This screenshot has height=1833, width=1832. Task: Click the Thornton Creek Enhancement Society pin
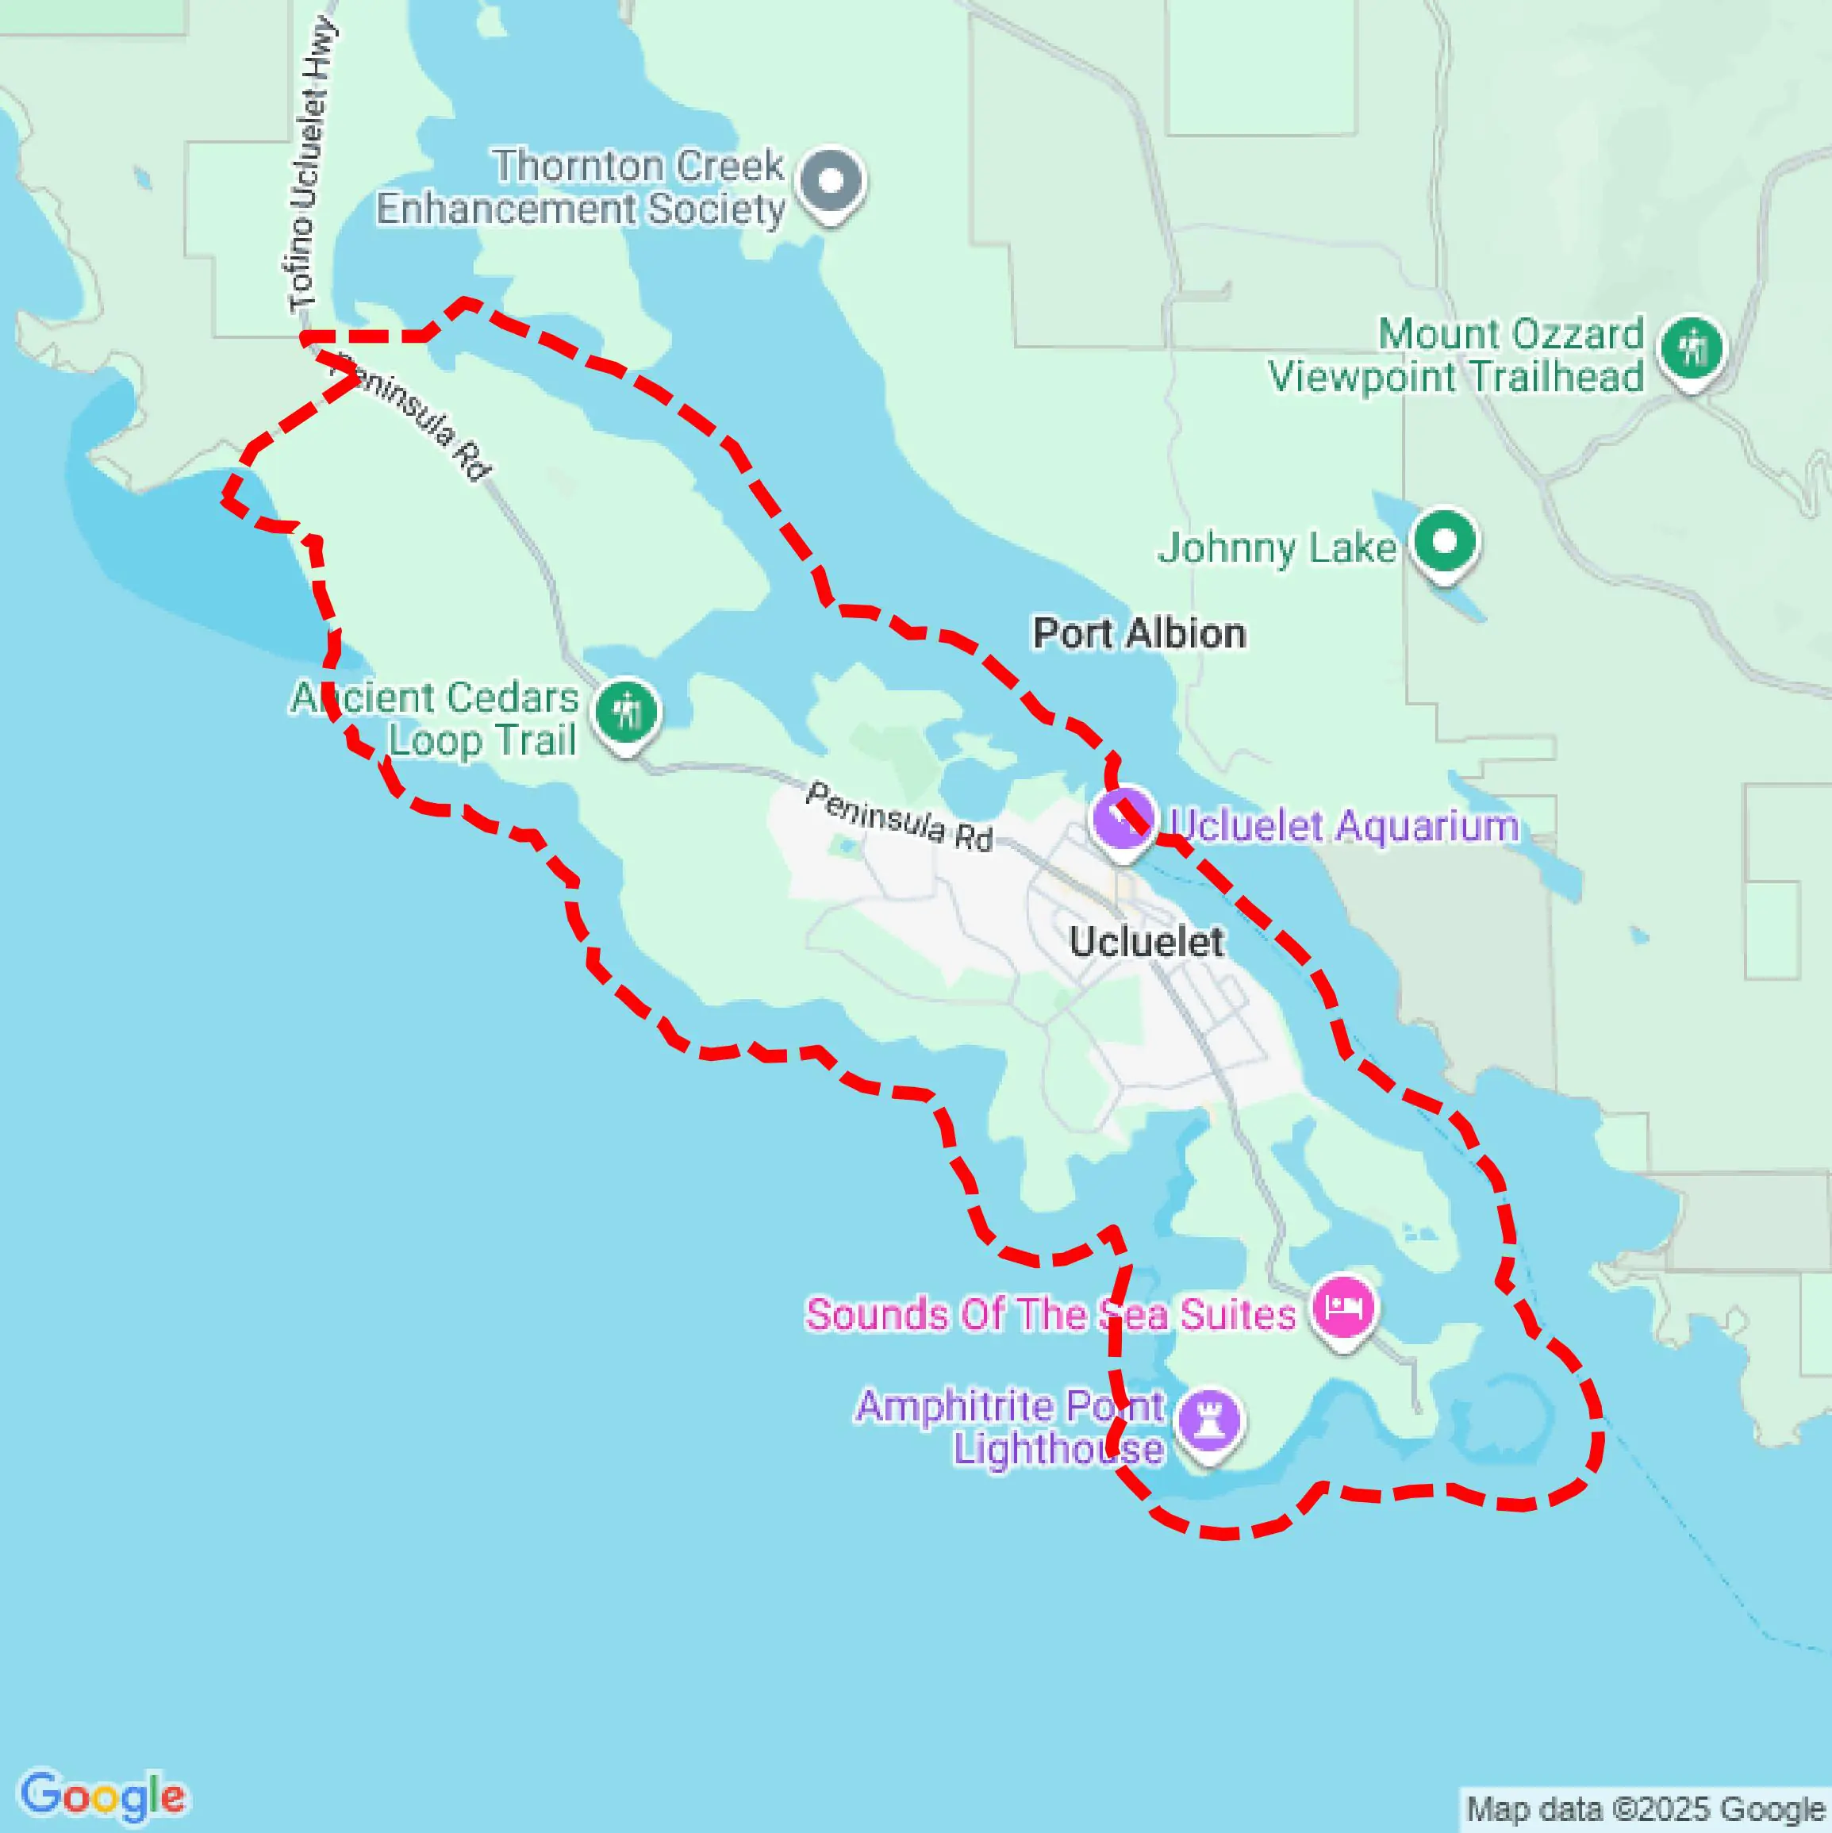[x=831, y=181]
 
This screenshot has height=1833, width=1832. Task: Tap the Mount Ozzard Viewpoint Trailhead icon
[x=1692, y=349]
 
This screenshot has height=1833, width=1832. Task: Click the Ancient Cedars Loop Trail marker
[x=626, y=712]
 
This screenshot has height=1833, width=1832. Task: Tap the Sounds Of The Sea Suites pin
[x=1344, y=1308]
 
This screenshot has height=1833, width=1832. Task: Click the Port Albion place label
[x=1139, y=633]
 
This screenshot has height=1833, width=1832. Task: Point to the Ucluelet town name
[x=1145, y=941]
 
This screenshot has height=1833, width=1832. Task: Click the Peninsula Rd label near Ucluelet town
[x=897, y=817]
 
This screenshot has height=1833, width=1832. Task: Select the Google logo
[x=102, y=1795]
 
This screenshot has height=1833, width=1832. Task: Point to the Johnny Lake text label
[x=1276, y=548]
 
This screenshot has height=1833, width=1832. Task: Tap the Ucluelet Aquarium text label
[x=1343, y=825]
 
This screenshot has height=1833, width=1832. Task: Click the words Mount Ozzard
[x=1511, y=334]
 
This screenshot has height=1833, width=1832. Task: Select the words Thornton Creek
[x=638, y=166]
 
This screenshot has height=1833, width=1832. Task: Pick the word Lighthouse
[x=1058, y=1449]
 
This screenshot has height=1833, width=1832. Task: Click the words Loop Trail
[x=482, y=741]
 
